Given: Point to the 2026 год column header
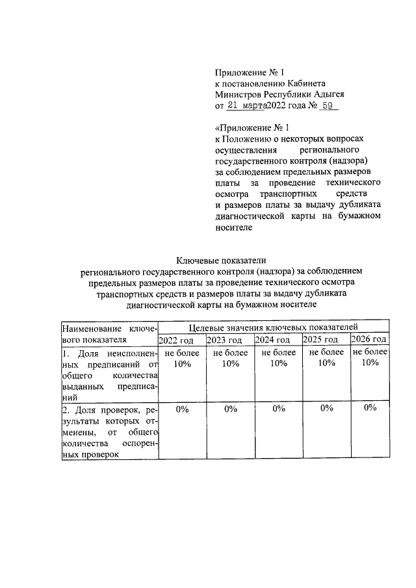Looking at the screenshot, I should pyautogui.click(x=369, y=340).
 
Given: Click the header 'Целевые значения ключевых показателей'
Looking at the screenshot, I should pyautogui.click(x=272, y=327).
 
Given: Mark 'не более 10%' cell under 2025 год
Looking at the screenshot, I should pyautogui.click(x=326, y=358).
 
